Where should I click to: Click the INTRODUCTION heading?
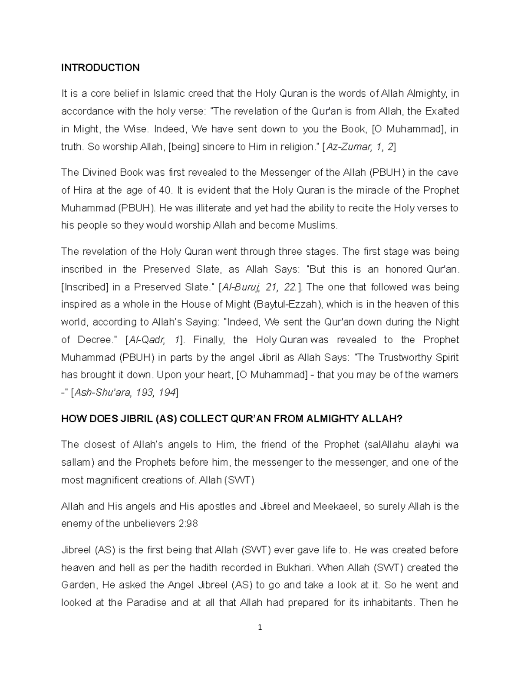tap(100, 68)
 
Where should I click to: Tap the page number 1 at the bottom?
tap(260, 628)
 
